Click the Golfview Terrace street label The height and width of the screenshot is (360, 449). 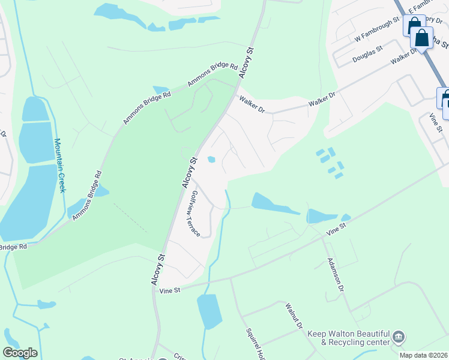[x=195, y=213]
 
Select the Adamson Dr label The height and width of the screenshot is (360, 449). [x=335, y=275]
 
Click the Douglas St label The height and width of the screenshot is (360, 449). [x=367, y=53]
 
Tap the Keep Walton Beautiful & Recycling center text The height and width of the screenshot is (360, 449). [x=348, y=338]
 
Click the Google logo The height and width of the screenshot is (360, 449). [x=20, y=353]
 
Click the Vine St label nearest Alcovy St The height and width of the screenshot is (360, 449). [x=170, y=290]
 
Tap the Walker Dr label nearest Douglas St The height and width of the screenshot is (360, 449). [x=403, y=58]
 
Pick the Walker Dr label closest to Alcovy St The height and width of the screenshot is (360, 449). [x=252, y=104]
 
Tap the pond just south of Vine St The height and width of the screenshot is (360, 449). [x=209, y=311]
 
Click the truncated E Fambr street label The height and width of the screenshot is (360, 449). [x=420, y=7]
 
